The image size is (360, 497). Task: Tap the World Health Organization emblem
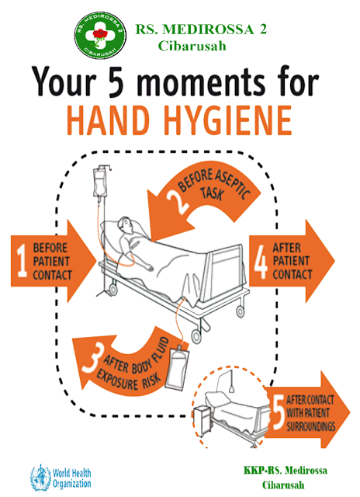39,474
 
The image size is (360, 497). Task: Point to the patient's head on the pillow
135,224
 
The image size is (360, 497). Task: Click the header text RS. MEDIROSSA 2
206,28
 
